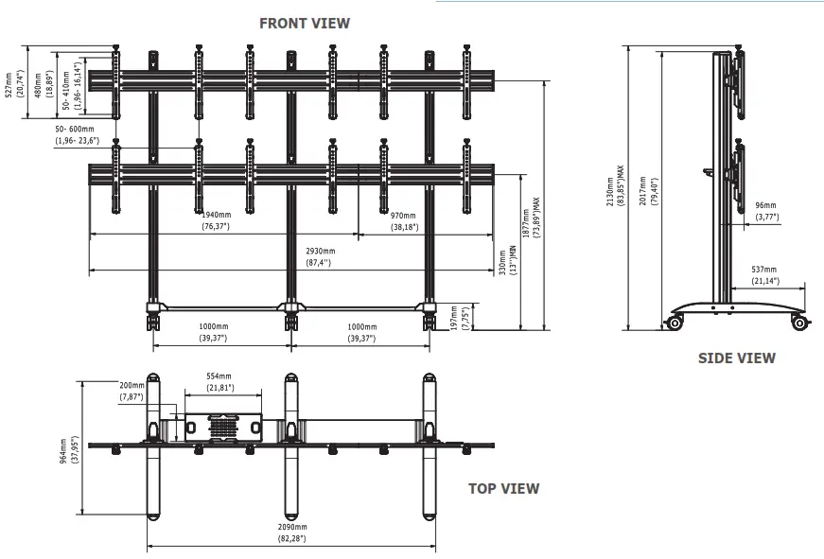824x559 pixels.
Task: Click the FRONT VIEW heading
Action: [x=305, y=23]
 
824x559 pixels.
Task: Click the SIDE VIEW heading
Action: [x=736, y=358]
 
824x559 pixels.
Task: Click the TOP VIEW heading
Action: [x=503, y=489]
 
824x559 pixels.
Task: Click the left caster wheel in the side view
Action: [x=675, y=323]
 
